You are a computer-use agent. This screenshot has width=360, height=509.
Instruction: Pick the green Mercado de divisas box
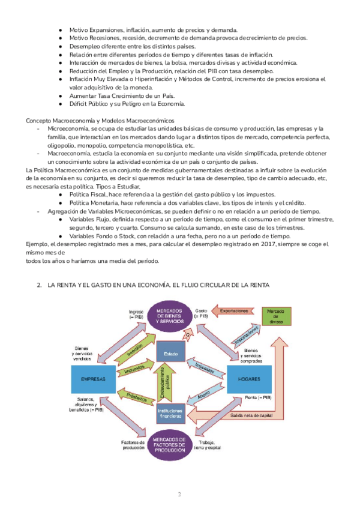[275, 316]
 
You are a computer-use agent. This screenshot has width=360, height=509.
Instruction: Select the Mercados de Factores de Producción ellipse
[172, 445]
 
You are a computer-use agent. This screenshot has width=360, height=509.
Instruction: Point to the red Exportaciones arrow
[232, 311]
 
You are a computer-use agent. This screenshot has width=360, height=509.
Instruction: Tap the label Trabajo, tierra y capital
[208, 445]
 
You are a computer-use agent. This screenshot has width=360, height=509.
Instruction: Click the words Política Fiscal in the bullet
[88, 194]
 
